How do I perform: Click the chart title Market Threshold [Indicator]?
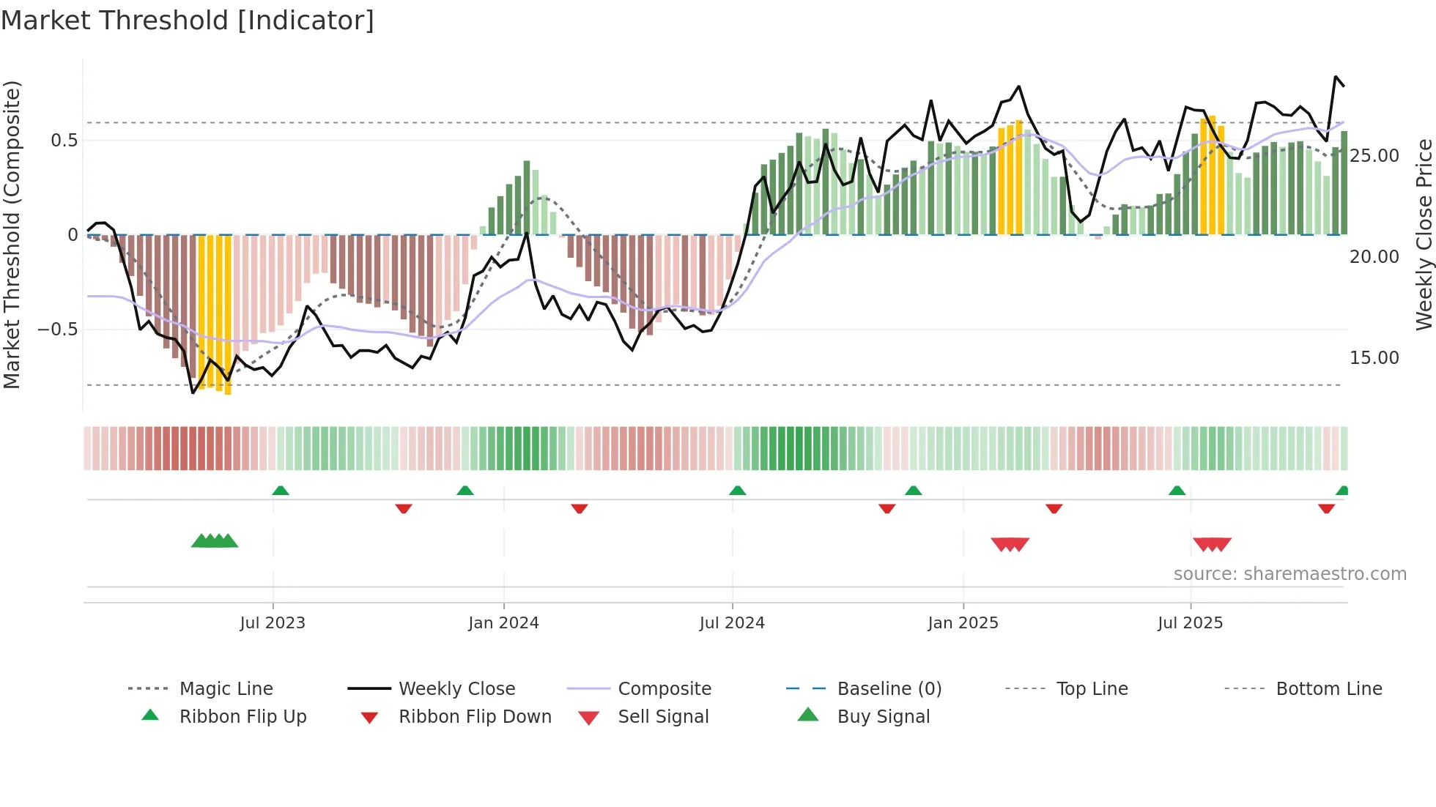188,21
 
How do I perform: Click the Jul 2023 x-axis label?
273,623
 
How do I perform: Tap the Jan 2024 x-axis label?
503,623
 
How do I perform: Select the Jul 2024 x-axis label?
732,623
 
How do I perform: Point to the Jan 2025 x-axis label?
963,623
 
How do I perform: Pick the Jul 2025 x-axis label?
1191,623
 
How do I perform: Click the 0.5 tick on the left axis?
64,141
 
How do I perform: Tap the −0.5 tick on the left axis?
58,330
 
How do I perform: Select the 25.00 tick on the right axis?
1374,156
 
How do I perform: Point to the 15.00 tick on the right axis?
1374,358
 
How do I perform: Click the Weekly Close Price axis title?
1424,234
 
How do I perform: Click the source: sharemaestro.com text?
1289,574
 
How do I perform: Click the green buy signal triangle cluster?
215,541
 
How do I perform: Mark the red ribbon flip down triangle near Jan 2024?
580,508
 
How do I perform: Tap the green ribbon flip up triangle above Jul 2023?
281,491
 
